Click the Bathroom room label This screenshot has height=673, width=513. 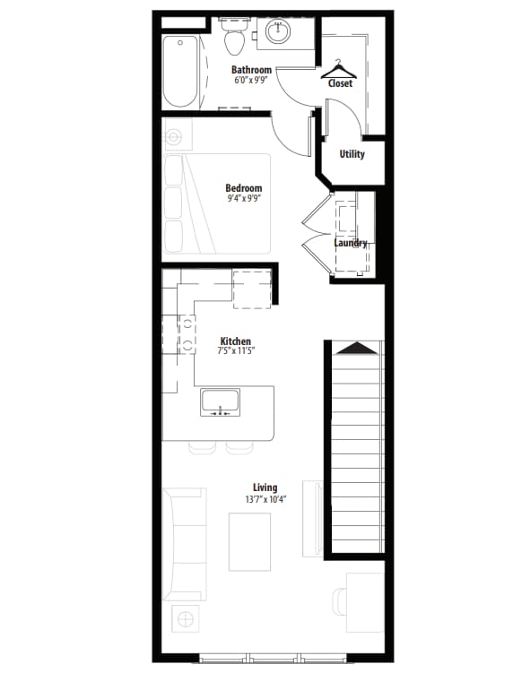tap(251, 69)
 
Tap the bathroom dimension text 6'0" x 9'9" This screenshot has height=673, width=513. tap(251, 80)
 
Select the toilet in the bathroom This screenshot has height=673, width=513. tap(233, 39)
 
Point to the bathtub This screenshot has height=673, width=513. tap(176, 69)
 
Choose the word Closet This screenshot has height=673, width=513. tap(341, 83)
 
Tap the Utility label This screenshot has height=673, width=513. tap(352, 154)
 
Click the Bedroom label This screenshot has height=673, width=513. tap(243, 188)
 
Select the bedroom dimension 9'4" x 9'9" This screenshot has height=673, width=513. tap(243, 199)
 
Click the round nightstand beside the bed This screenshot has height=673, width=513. tap(174, 136)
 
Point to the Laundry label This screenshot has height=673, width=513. tap(351, 243)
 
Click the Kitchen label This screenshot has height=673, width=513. tap(236, 341)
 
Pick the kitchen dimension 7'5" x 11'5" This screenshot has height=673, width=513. tap(236, 351)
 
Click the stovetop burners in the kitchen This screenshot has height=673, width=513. tap(188, 333)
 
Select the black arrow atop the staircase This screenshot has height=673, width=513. tap(355, 348)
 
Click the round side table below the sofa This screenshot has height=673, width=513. tap(186, 618)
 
